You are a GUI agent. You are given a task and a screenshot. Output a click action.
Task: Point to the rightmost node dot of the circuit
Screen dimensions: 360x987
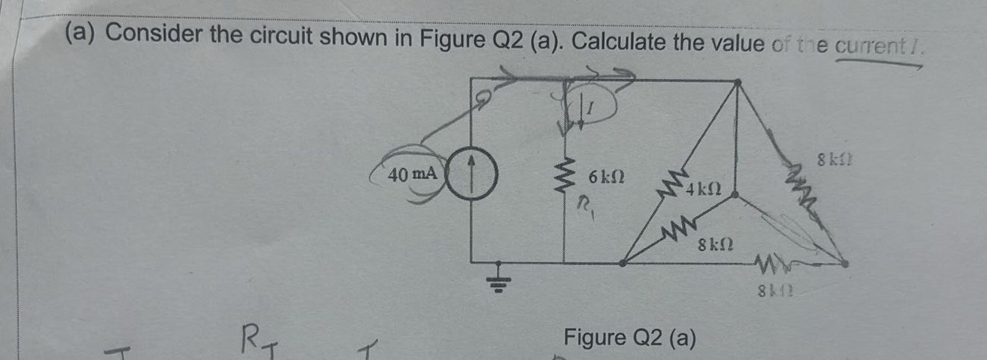(x=845, y=262)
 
